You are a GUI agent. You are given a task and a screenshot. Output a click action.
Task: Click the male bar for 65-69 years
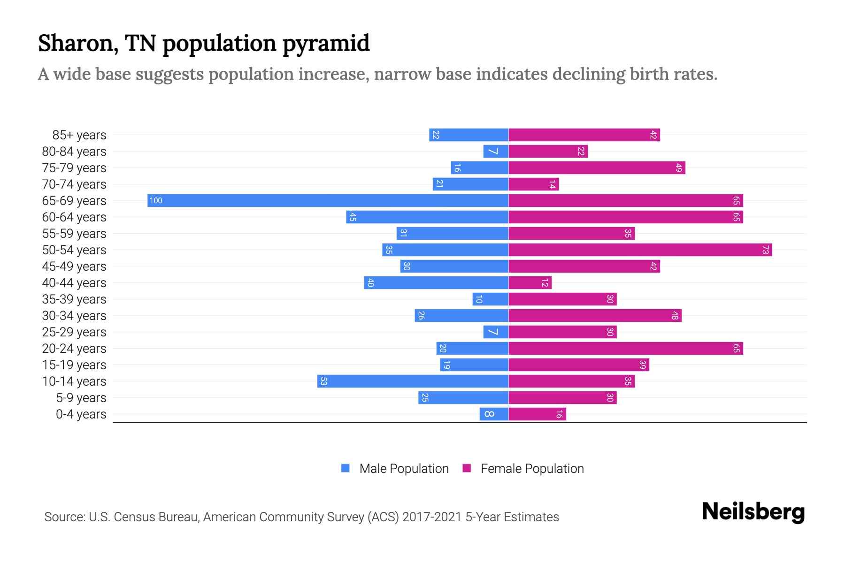coord(328,201)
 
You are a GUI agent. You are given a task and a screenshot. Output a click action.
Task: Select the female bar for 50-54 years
coord(640,250)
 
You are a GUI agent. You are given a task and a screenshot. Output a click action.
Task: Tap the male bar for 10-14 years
coord(413,381)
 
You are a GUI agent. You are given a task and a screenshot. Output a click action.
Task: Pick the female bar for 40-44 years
coord(530,283)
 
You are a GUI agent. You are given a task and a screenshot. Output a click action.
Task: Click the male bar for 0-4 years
coord(494,414)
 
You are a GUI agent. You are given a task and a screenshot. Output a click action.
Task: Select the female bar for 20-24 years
coord(625,349)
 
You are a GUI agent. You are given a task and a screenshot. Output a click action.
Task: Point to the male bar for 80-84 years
coord(496,152)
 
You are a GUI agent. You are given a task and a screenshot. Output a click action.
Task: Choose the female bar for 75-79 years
coord(597,168)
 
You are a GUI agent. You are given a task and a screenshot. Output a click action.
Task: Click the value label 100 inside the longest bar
coord(156,201)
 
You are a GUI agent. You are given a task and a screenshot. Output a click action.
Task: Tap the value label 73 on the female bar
coord(765,250)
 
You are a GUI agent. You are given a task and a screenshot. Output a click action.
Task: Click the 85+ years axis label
coord(79,135)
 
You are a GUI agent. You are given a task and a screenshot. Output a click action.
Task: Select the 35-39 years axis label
coord(74,299)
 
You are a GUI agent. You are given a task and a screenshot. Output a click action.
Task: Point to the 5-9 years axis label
coord(81,398)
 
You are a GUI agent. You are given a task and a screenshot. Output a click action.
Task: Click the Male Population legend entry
coord(395,469)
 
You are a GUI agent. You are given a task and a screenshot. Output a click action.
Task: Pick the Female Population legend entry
coord(523,469)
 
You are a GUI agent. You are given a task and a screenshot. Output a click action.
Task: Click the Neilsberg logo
coord(753,512)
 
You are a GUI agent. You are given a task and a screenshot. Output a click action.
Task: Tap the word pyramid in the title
coord(326,44)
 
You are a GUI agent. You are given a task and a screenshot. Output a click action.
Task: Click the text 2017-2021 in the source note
coord(432,517)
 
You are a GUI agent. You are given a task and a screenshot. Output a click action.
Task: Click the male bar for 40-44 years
coord(436,283)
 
